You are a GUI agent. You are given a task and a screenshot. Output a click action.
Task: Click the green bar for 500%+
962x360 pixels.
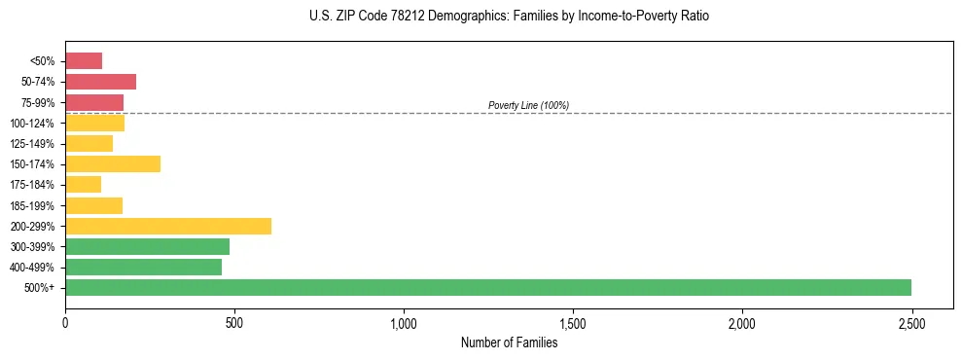click(487, 287)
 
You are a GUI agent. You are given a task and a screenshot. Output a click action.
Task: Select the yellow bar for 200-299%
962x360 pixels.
click(168, 226)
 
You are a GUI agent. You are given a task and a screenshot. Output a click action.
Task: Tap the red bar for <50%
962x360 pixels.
click(84, 61)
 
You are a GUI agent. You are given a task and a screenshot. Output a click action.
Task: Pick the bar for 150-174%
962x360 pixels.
click(113, 163)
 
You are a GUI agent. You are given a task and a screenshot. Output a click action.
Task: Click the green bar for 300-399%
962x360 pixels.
click(147, 246)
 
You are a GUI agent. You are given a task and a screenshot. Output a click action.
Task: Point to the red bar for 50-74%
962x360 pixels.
click(100, 82)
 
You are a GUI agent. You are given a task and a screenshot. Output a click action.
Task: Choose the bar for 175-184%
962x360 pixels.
click(84, 185)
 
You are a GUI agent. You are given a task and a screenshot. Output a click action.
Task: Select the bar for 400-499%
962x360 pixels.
click(143, 267)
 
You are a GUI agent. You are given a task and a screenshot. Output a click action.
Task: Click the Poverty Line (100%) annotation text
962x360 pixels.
click(528, 105)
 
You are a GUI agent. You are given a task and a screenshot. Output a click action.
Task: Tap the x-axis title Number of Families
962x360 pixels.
click(509, 342)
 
